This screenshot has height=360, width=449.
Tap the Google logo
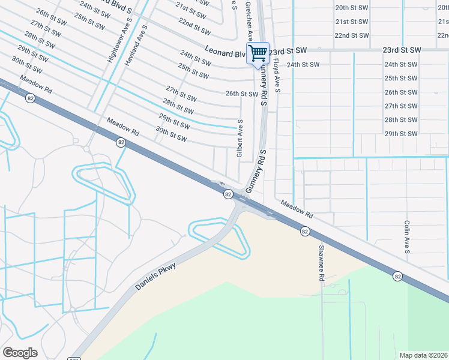tap(20, 353)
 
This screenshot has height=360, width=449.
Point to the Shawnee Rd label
tap(321, 263)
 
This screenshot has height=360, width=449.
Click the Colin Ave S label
tap(407, 236)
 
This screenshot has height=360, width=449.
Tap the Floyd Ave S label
tap(277, 75)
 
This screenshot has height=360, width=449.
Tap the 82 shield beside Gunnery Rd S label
tap(228, 194)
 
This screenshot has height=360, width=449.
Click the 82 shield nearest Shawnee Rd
tap(305, 231)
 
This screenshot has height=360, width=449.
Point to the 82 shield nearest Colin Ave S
tap(397, 275)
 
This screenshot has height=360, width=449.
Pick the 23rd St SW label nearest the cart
tap(289, 50)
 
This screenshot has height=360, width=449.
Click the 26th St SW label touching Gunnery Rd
tap(242, 94)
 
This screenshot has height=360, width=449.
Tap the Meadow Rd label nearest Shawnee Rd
tap(297, 209)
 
